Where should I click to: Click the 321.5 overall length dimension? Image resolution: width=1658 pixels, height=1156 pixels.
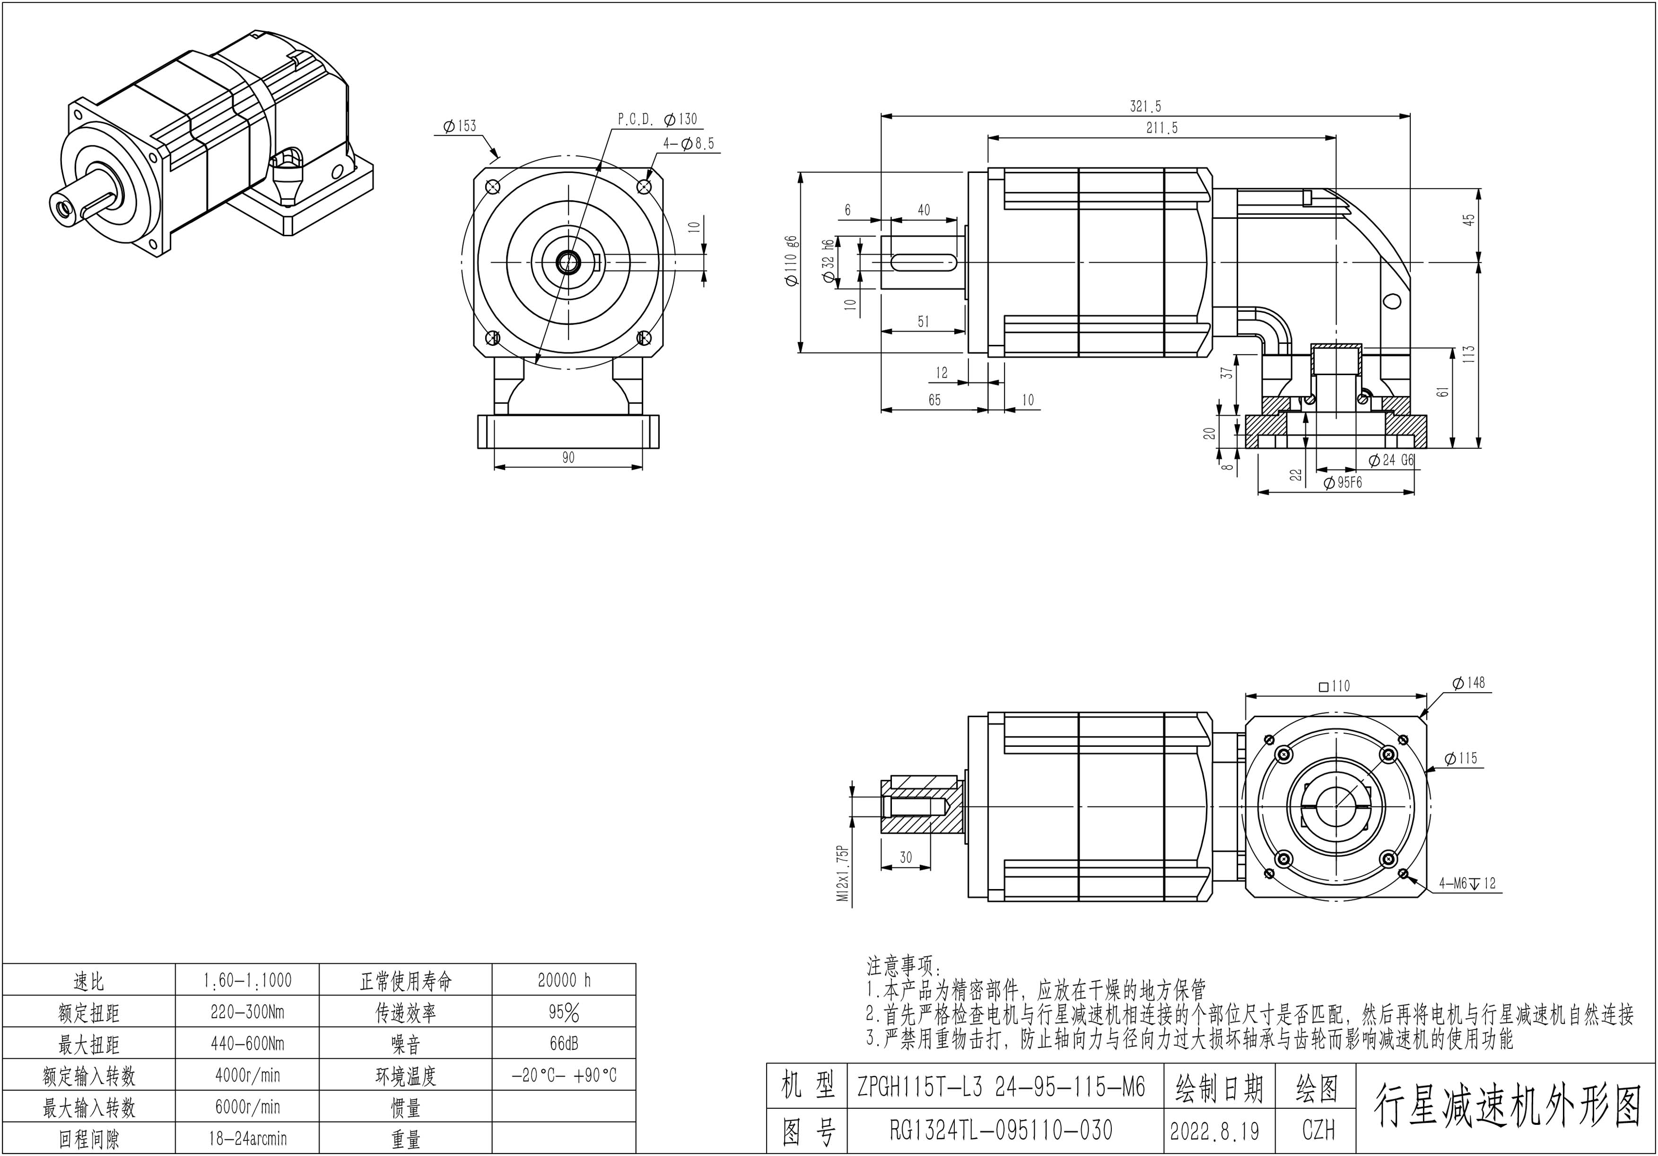1145,107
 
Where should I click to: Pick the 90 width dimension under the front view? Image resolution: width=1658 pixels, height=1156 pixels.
568,457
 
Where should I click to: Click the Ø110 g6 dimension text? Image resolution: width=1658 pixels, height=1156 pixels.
792,261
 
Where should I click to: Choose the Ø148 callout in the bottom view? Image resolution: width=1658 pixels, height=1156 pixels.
1468,683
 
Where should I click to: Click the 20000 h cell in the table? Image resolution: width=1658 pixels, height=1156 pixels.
564,980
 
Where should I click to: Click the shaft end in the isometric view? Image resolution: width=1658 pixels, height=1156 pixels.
62,207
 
